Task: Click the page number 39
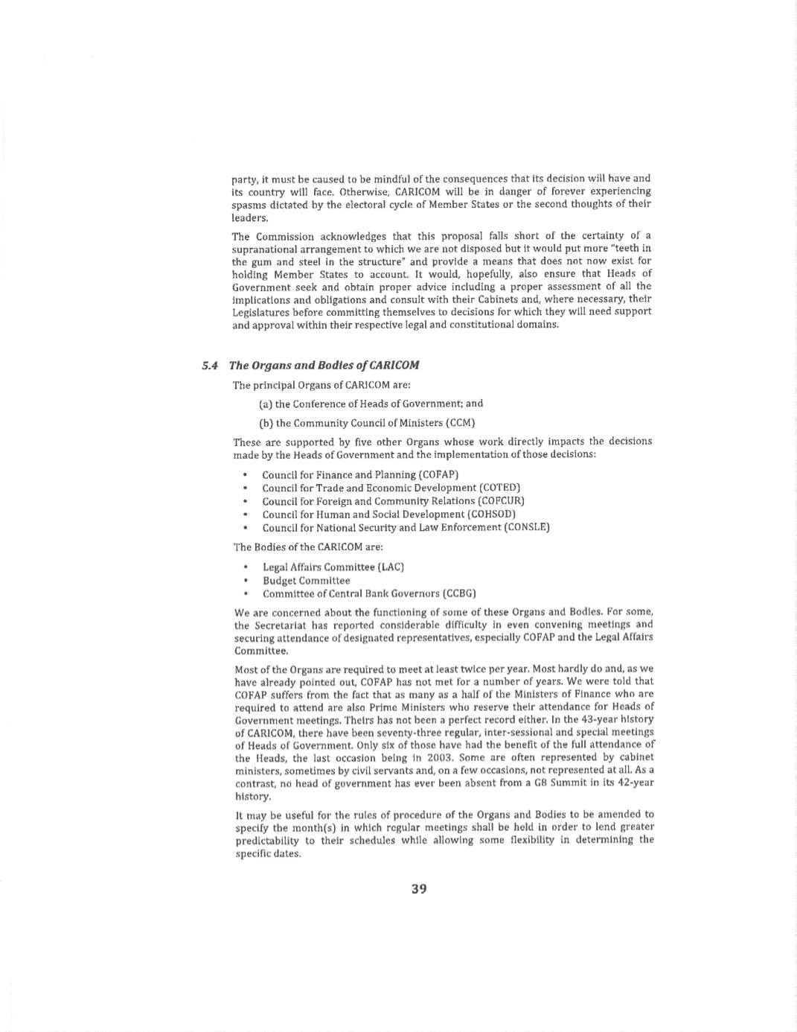tap(419, 888)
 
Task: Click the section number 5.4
tap(210, 365)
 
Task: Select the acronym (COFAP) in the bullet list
tap(438, 474)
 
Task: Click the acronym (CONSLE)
tap(526, 527)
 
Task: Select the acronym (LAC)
tap(391, 567)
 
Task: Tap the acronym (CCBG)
tap(459, 593)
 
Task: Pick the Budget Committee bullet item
tap(306, 580)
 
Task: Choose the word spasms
tap(247, 204)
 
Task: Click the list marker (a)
tap(266, 404)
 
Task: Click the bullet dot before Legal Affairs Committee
tap(246, 567)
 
